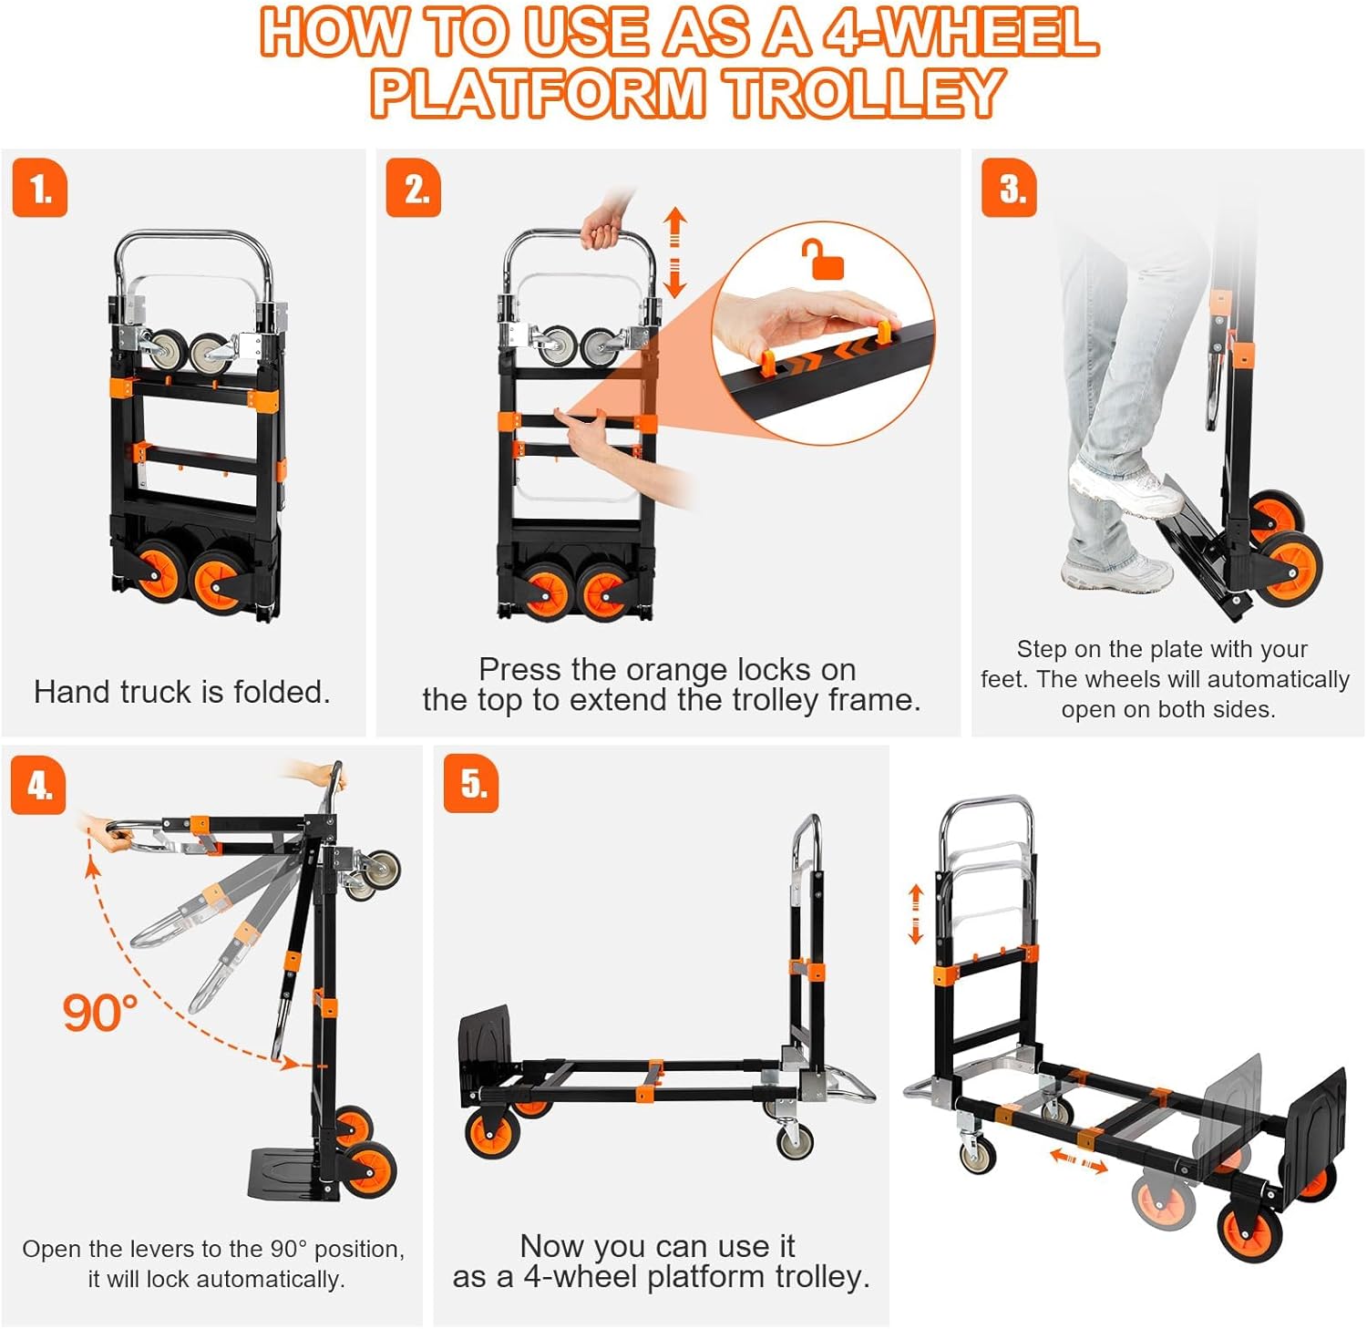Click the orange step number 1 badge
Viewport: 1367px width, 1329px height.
[x=40, y=189]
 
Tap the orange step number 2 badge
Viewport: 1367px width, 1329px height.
[x=414, y=189]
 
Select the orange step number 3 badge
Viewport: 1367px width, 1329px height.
[x=1009, y=189]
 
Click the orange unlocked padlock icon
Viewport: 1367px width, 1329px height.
[x=823, y=260]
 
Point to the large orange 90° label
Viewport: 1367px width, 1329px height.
[x=99, y=1013]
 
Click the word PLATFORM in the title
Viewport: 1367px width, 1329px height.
[x=538, y=94]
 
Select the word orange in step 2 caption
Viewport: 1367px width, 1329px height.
[x=678, y=670]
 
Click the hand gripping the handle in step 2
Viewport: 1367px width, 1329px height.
[x=601, y=227]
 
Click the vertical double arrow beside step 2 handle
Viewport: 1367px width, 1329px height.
[x=674, y=252]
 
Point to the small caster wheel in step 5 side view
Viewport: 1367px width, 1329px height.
[x=796, y=1139]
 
